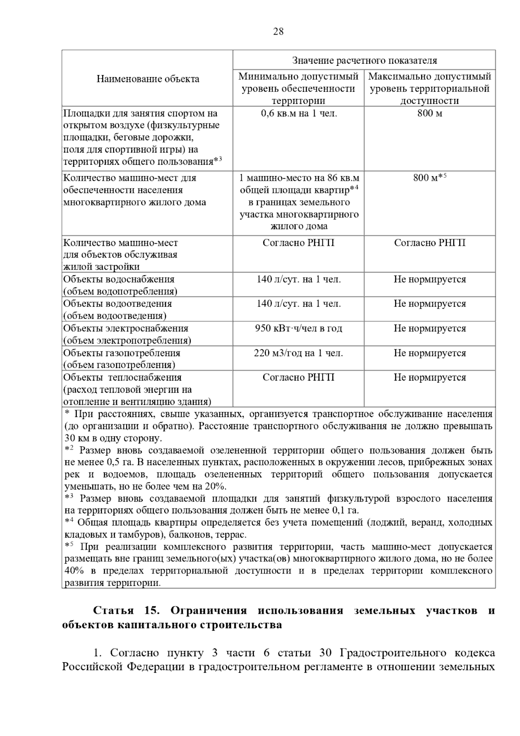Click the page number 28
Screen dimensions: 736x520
278,31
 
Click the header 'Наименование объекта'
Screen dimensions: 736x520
148,79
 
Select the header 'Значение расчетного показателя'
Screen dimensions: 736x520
364,60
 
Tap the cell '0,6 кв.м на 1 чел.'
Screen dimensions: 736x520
299,114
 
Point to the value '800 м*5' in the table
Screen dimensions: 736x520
429,178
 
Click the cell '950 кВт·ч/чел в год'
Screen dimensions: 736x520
299,329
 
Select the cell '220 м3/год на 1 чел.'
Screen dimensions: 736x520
299,353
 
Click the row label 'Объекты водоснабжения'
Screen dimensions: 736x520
119,280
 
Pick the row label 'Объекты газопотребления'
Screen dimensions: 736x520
122,353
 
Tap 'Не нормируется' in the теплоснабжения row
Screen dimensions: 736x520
429,378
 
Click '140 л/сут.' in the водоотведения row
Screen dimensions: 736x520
299,304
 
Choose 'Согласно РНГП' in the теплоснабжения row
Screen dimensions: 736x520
299,378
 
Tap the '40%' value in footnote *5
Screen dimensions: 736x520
74,571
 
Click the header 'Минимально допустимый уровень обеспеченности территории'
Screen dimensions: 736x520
299,88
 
